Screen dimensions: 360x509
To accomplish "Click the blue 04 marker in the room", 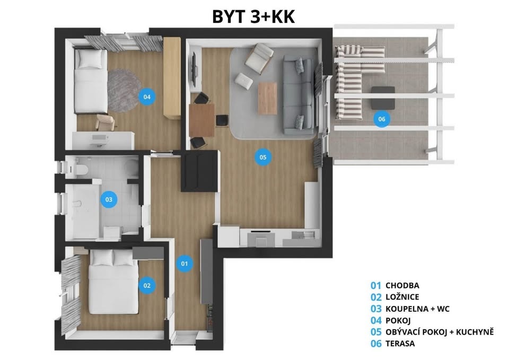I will click(x=147, y=96).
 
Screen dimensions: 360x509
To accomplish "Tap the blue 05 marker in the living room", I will click(x=262, y=157).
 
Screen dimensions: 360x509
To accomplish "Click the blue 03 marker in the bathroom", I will click(x=108, y=200).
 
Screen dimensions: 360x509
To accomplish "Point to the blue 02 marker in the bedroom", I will click(x=147, y=285).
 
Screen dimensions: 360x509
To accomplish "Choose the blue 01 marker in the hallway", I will click(x=185, y=263).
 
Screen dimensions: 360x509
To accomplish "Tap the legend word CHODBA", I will click(x=402, y=286).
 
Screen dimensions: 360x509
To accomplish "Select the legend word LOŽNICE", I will click(x=402, y=297).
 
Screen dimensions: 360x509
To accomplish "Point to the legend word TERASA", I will click(x=400, y=344).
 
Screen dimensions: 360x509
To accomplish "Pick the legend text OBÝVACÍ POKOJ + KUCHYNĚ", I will click(x=440, y=332).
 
